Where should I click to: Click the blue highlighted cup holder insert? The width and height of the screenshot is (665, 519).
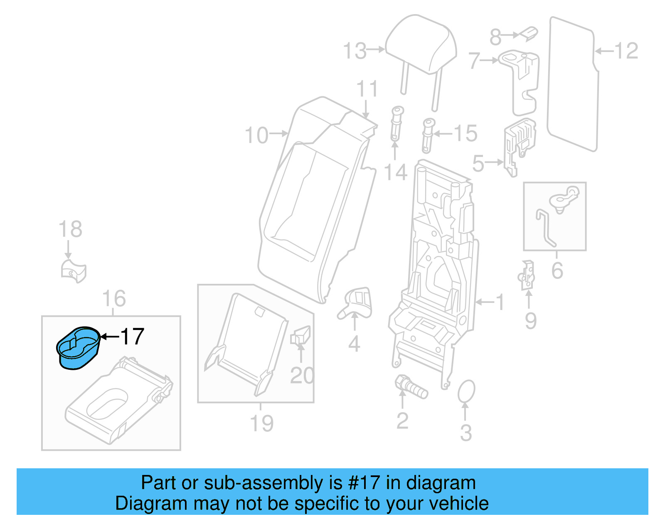click(78, 347)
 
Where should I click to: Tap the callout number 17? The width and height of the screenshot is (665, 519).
click(132, 337)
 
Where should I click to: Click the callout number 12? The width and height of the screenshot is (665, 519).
click(626, 51)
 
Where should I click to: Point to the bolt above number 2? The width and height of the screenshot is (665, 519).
click(410, 387)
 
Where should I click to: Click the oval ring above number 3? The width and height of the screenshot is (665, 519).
click(466, 391)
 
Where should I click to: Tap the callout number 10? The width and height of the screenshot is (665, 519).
click(256, 135)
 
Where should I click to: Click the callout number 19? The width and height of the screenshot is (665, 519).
click(261, 423)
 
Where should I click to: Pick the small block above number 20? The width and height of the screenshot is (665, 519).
click(300, 336)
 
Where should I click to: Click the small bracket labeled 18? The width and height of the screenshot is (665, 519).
click(73, 271)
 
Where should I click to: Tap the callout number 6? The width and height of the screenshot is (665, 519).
click(557, 271)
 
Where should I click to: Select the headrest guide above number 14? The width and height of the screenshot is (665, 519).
click(397, 123)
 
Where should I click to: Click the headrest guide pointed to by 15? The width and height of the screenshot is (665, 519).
click(428, 135)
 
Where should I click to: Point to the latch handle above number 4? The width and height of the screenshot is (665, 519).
click(356, 303)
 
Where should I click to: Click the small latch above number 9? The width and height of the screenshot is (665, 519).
click(527, 275)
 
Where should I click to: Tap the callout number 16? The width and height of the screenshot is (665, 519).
click(113, 299)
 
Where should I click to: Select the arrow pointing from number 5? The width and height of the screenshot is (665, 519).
click(495, 162)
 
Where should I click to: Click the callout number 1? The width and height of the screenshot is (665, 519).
click(500, 302)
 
